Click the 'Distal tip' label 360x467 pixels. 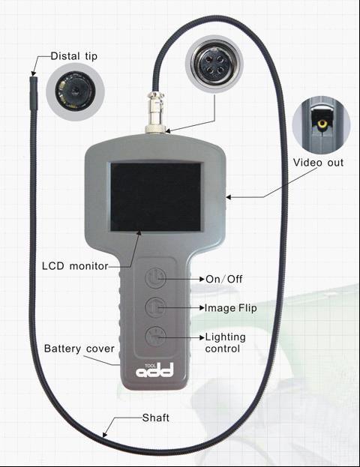[x=74, y=56]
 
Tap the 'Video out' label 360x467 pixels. [x=318, y=163]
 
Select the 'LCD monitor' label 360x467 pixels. [x=75, y=265]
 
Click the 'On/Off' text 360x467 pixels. [x=223, y=279]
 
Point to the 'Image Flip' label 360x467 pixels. [x=230, y=307]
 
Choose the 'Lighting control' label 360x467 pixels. [x=225, y=343]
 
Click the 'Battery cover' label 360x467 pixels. [x=79, y=349]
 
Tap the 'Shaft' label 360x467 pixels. [x=155, y=418]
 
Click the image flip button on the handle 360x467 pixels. [x=155, y=307]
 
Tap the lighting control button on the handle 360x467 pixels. [x=155, y=337]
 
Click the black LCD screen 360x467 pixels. [x=156, y=197]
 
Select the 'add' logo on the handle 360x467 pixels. [x=154, y=370]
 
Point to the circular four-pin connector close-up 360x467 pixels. [x=214, y=64]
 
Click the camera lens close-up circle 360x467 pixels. [x=76, y=91]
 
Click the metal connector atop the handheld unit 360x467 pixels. [x=155, y=112]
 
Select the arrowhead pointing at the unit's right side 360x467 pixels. [x=229, y=197]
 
